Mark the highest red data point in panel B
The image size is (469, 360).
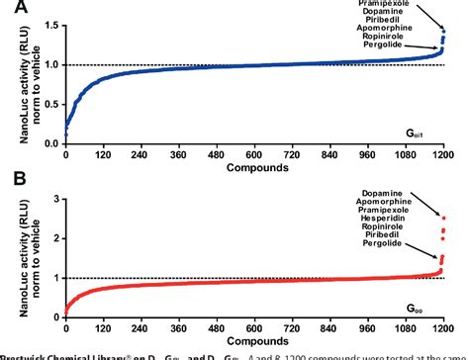pyautogui.click(x=443, y=218)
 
